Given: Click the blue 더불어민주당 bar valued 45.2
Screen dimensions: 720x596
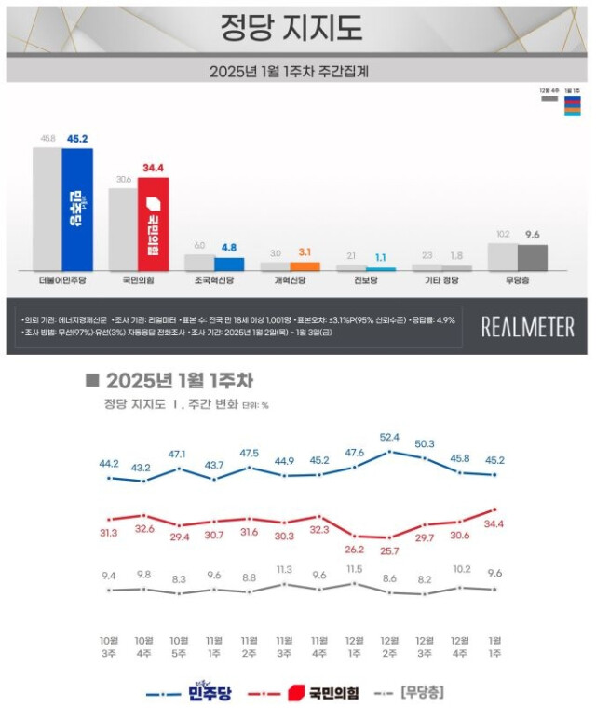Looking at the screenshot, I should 77,209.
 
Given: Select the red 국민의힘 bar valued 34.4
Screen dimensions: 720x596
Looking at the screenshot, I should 153,224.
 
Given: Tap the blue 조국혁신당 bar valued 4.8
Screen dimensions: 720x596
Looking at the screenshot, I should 229,264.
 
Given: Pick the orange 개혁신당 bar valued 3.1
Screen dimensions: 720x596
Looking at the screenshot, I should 305,265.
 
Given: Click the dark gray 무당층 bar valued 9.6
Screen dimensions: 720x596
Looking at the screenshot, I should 533,257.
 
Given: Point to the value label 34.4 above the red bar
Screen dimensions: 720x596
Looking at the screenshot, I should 153,168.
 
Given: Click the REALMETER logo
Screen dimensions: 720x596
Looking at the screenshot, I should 527,326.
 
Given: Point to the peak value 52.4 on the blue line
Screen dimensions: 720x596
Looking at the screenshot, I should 389,437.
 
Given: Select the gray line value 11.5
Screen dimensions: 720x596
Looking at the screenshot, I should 354,569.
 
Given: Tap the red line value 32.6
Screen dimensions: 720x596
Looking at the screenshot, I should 144,528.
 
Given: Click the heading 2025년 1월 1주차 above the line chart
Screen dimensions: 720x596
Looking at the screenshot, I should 178,381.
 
